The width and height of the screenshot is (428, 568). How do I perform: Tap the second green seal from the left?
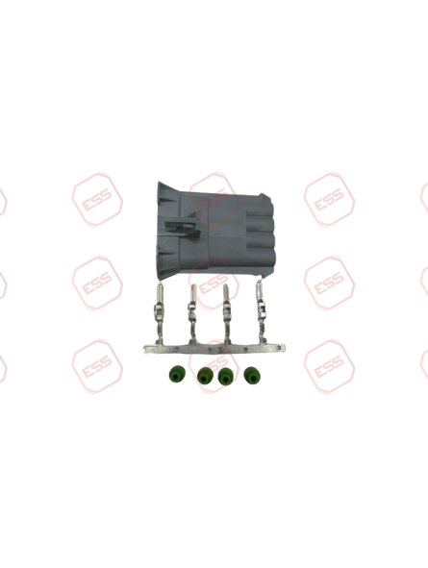tap(205, 377)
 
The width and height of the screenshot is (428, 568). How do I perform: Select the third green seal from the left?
tap(224, 377)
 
